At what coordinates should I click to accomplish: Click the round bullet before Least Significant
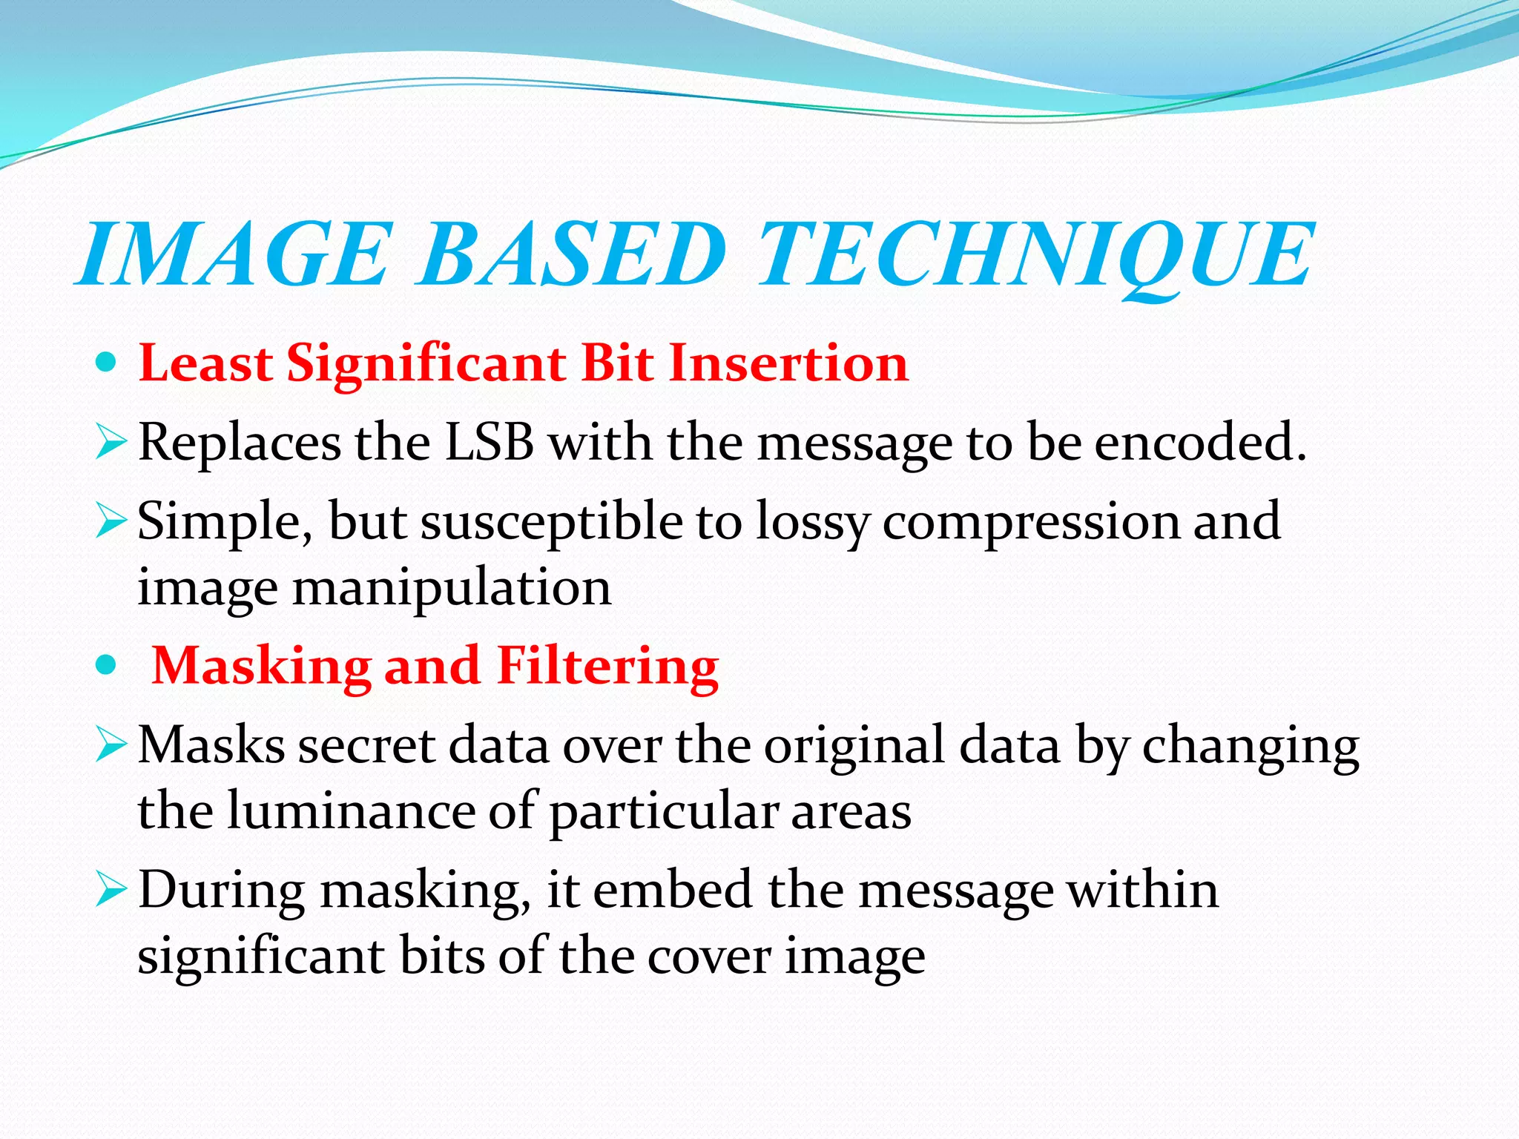click(107, 363)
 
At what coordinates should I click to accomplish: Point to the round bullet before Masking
click(107, 665)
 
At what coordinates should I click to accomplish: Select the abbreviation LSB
click(489, 443)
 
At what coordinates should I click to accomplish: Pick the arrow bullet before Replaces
click(112, 443)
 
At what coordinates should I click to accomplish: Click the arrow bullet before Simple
click(112, 522)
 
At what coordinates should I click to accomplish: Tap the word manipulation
click(452, 588)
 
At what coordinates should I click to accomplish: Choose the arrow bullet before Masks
click(112, 746)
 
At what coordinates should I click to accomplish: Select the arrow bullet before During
click(112, 891)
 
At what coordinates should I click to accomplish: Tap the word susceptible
click(552, 524)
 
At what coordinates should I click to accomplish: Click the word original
click(854, 746)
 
